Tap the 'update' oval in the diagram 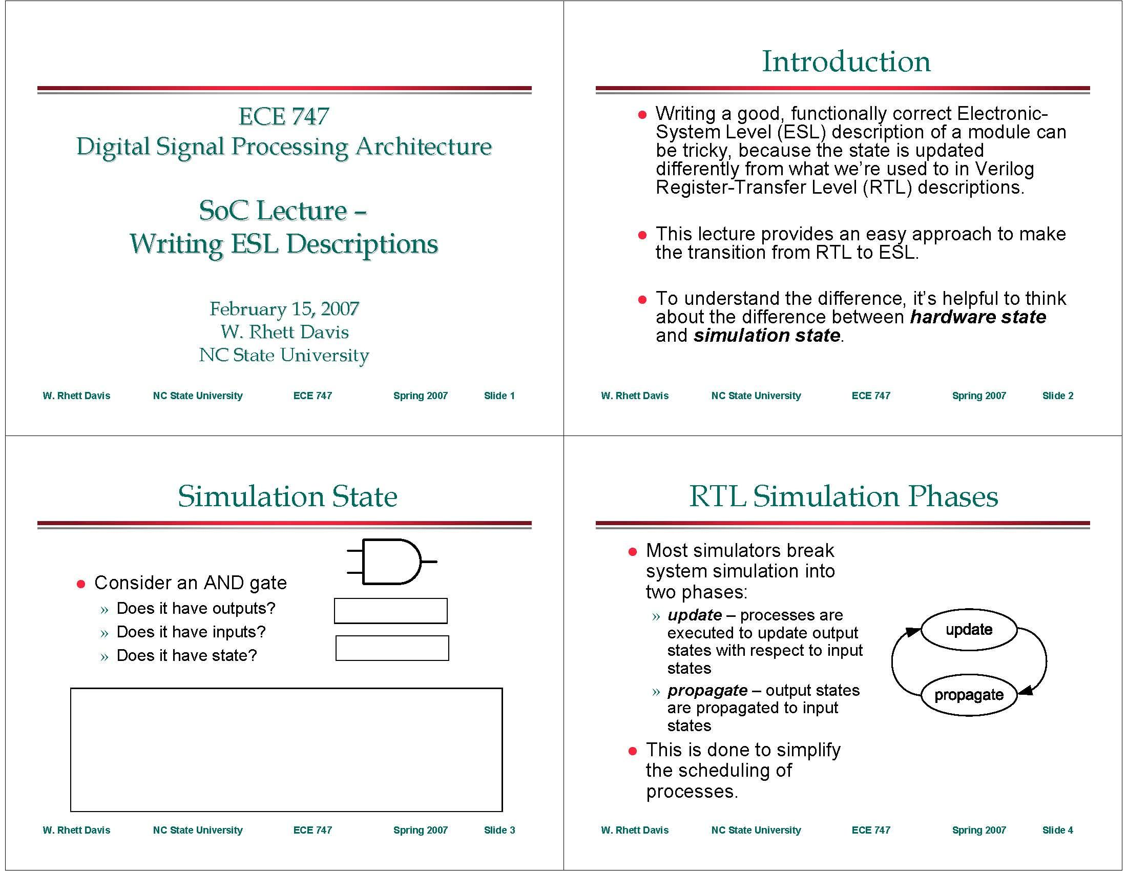[969, 630]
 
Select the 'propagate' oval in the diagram [969, 695]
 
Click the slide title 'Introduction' [846, 61]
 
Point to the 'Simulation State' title [287, 496]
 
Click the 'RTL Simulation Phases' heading [843, 496]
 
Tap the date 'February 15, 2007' [284, 308]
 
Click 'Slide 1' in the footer [499, 396]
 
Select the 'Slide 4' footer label [1057, 830]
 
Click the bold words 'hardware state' [977, 317]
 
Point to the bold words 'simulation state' [766, 336]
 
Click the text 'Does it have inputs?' [191, 632]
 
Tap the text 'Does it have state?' [186, 655]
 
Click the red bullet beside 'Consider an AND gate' [80, 584]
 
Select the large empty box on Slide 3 [286, 749]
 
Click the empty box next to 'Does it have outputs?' [391, 611]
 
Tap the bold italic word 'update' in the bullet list [694, 615]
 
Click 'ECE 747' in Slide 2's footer [870, 396]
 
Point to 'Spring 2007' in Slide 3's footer [420, 830]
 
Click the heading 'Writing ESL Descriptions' [284, 243]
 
